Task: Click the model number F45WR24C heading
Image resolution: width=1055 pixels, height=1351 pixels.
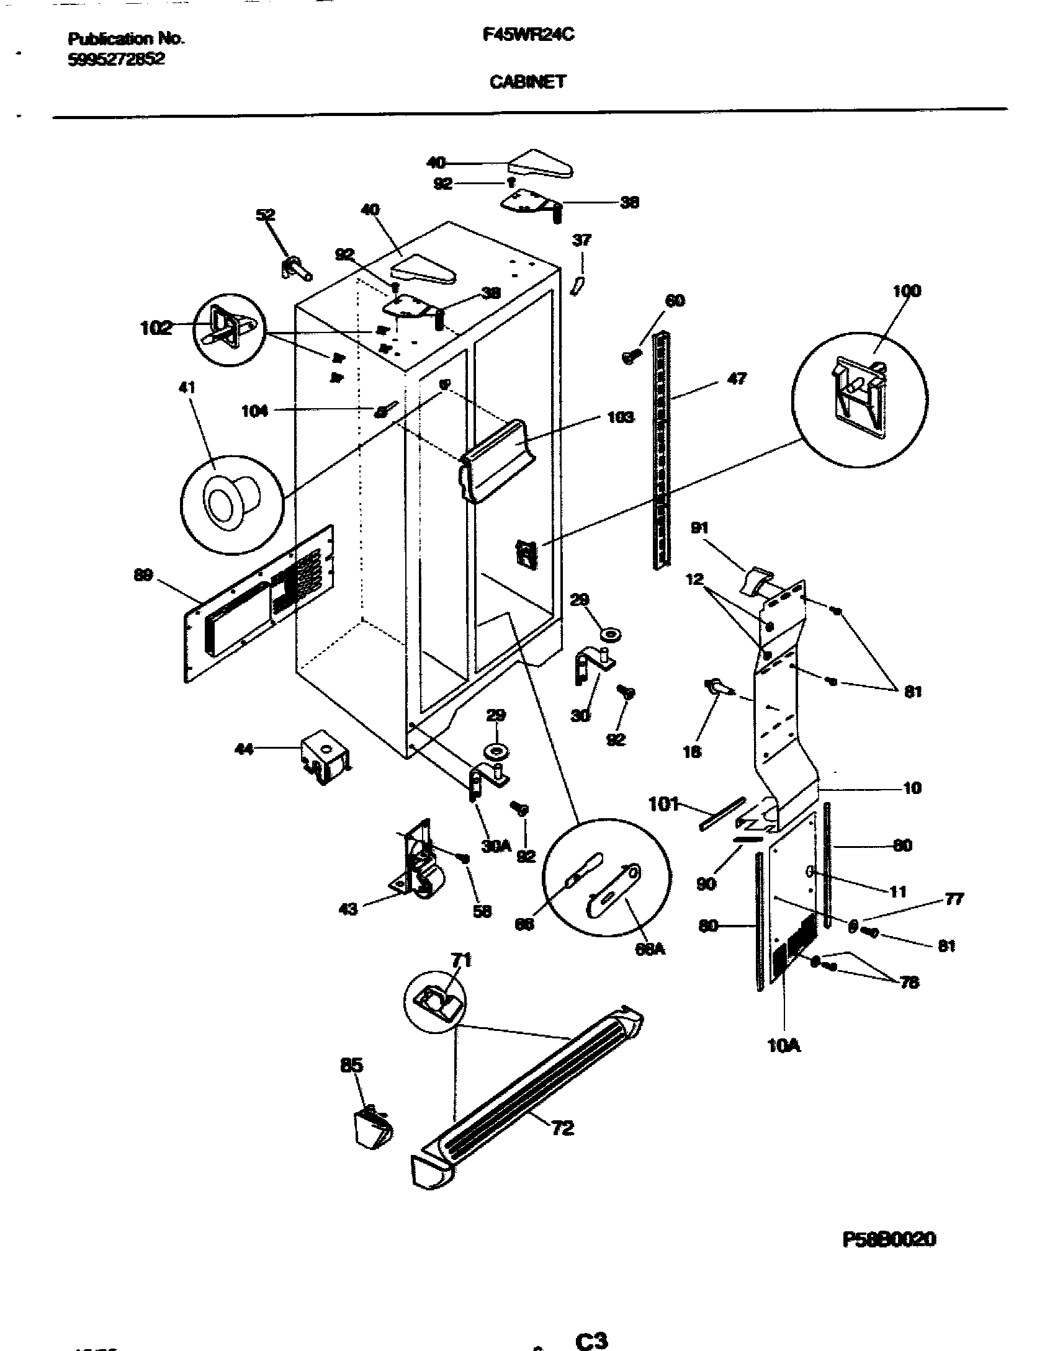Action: (x=528, y=36)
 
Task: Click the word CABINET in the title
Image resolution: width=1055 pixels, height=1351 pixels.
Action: (x=528, y=82)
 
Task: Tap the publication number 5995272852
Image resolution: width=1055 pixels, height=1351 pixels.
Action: (x=117, y=60)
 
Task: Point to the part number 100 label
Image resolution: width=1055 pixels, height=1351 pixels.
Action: (x=907, y=290)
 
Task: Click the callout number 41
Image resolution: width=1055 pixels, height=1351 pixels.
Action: (x=187, y=388)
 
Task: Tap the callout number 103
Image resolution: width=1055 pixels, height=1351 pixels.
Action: (x=621, y=417)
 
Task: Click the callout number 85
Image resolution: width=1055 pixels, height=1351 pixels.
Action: (x=351, y=1066)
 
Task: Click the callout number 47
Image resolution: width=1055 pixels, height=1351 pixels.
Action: (x=736, y=378)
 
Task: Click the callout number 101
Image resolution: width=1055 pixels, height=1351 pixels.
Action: (x=663, y=805)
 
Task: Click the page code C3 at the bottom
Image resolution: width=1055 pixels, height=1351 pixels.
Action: (x=591, y=1337)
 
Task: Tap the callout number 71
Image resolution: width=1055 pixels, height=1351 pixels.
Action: (x=461, y=960)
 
